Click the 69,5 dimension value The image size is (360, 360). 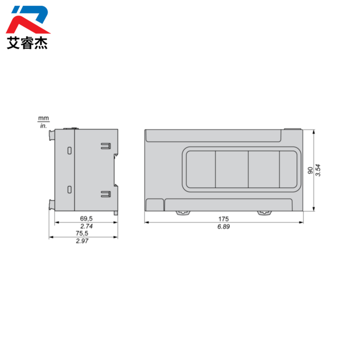point(86,218)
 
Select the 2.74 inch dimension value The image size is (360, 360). point(86,226)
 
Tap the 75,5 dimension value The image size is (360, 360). point(82,233)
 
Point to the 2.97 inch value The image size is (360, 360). point(82,241)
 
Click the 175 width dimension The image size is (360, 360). point(223,219)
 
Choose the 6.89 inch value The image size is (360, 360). point(223,226)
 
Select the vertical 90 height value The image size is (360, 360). point(310,170)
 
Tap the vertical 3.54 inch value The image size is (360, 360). point(318,170)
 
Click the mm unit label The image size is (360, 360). point(43,118)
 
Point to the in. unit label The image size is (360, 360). point(43,126)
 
